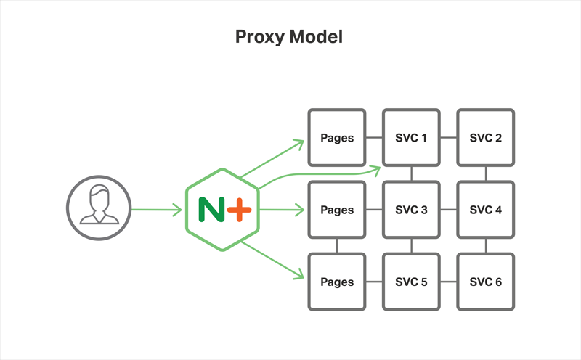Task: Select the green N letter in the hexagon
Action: [211, 210]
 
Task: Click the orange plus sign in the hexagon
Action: [238, 210]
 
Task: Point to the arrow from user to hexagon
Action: [156, 210]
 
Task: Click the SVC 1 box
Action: [411, 138]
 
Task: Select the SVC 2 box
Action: [485, 138]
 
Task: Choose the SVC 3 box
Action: [411, 210]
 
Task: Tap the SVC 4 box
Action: [485, 210]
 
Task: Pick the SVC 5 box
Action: [411, 282]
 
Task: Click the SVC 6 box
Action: [485, 282]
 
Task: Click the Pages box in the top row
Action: [337, 138]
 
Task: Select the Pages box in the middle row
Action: [337, 210]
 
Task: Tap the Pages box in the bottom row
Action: [337, 282]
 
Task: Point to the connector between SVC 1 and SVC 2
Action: [448, 138]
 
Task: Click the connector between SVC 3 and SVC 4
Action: [448, 210]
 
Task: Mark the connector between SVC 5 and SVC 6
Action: [448, 282]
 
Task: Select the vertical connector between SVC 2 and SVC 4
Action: [485, 174]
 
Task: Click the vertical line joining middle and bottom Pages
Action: [337, 246]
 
